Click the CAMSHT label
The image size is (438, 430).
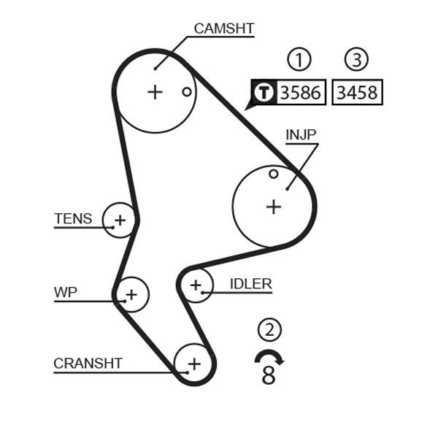coord(223,28)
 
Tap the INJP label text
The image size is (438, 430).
coord(301,135)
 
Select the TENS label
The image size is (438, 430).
coord(73,218)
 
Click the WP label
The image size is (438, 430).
coord(65,293)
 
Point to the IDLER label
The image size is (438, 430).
coord(250,284)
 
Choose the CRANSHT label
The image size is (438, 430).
coord(88,363)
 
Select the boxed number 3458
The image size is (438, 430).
coord(356,93)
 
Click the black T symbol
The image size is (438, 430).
coord(263,93)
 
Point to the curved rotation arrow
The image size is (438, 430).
coord(269,356)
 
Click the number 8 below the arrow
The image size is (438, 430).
coord(269,377)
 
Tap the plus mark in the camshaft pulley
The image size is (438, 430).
coord(155,92)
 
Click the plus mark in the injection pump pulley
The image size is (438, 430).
coord(273,207)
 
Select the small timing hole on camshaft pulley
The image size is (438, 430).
coord(187,91)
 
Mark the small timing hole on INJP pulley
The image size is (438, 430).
coord(273,174)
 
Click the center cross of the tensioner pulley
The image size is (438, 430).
coord(120,220)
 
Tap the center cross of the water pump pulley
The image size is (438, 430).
coord(131,295)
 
